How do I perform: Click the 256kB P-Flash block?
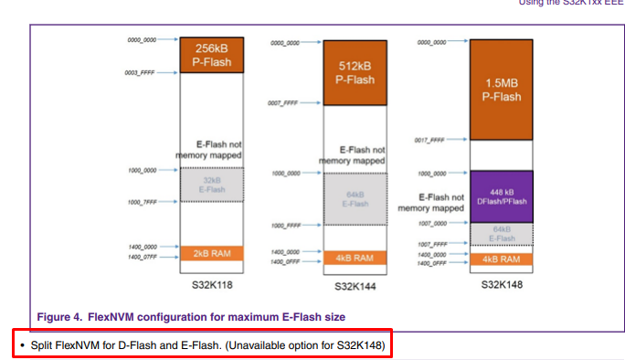[x=211, y=56]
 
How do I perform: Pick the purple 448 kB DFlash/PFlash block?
[x=500, y=195]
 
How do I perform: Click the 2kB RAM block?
[x=211, y=253]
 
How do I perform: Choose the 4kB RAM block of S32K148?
[x=500, y=259]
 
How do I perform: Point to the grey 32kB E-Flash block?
[x=211, y=185]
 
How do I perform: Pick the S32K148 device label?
[x=500, y=285]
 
